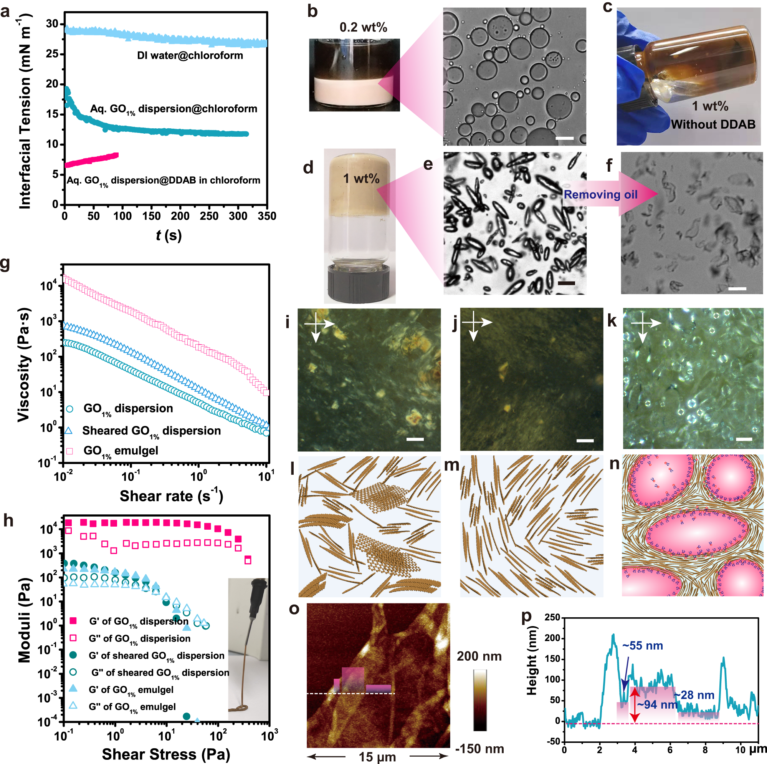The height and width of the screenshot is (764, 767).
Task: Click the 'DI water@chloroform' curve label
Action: coord(190,55)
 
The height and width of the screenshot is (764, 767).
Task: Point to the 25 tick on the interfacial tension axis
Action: coord(51,54)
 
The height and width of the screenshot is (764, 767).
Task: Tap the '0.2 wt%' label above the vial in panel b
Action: coord(363,27)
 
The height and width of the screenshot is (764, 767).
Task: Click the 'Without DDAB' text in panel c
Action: coord(712,124)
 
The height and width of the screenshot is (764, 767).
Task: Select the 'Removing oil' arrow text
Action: coord(600,194)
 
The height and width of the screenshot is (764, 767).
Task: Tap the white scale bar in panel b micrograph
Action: coord(565,138)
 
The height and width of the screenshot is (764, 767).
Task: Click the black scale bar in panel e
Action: coord(566,283)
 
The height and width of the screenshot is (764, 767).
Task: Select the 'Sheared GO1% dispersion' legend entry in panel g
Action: coord(151,431)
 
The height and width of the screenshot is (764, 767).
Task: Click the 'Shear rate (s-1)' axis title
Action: coord(171,496)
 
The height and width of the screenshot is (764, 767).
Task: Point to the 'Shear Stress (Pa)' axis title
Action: coord(166,754)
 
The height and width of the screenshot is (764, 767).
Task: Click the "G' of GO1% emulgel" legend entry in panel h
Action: coord(131,690)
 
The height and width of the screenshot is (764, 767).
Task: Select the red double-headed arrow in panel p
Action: coord(635,705)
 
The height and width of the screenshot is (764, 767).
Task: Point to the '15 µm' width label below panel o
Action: coord(377,757)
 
